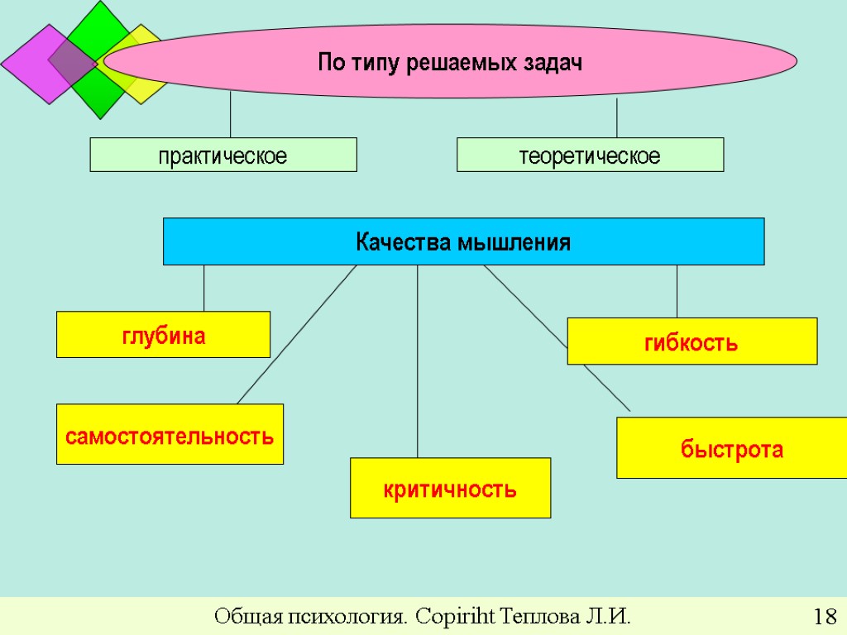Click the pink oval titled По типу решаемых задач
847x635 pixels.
pos(451,62)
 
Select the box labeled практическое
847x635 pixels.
pos(223,155)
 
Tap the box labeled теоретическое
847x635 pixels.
pos(590,155)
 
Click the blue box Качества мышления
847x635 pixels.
pos(463,241)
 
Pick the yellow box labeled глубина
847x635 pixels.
pos(163,335)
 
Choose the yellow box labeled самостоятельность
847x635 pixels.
pos(170,434)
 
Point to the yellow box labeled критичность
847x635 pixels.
pos(450,488)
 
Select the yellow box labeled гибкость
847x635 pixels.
pos(691,341)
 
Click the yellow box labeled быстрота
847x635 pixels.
pos(731,449)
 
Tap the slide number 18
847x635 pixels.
pos(824,617)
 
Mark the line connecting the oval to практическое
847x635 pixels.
pos(230,116)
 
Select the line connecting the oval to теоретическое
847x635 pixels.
pos(617,118)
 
